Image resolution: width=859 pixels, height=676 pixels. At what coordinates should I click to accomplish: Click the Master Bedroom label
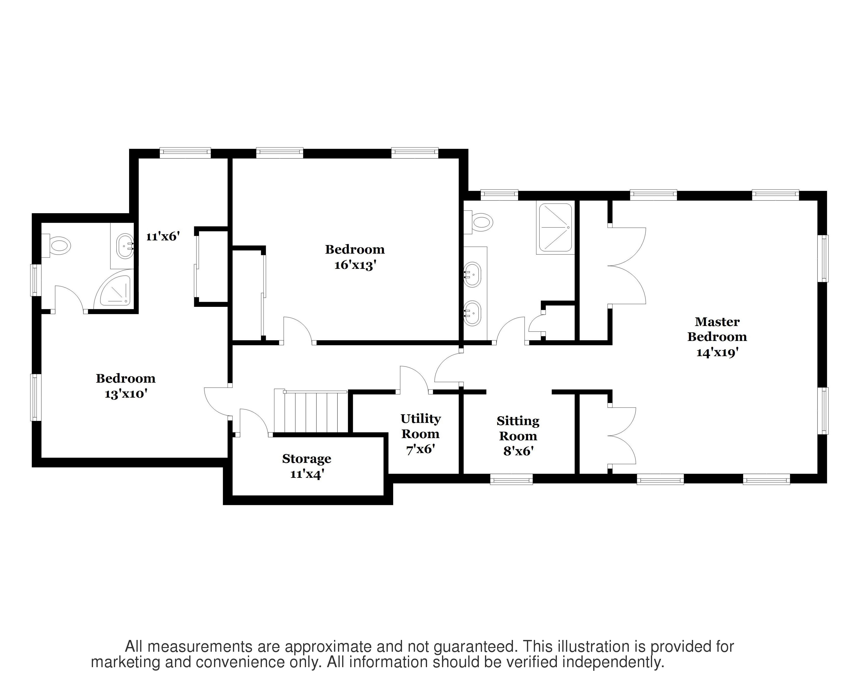pos(717,329)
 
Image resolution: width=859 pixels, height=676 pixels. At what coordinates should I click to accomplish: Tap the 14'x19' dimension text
pos(717,352)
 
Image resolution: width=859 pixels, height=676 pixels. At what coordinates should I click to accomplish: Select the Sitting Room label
pos(518,428)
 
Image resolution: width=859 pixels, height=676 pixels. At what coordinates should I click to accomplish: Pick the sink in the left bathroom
pos(125,246)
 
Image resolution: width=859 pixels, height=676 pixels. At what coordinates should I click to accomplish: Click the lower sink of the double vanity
pos(472,313)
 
